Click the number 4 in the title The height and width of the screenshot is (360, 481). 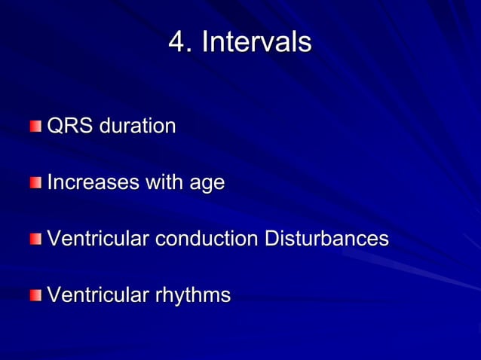click(x=177, y=42)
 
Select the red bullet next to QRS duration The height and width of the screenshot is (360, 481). click(x=36, y=125)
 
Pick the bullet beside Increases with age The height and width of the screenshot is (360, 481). click(x=36, y=182)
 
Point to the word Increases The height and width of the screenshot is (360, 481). click(x=93, y=182)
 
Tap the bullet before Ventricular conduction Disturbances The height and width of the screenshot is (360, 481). click(x=36, y=239)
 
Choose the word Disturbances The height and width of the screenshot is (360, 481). click(x=326, y=239)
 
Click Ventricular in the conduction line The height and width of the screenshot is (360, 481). click(x=98, y=239)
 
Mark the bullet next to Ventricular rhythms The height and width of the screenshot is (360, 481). click(x=36, y=295)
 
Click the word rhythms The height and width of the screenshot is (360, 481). click(x=193, y=295)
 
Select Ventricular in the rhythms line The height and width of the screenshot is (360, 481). click(x=98, y=295)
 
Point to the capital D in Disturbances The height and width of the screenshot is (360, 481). click(x=271, y=239)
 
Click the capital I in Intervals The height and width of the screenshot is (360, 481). click(x=205, y=42)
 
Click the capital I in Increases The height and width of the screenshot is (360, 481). click(x=50, y=182)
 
